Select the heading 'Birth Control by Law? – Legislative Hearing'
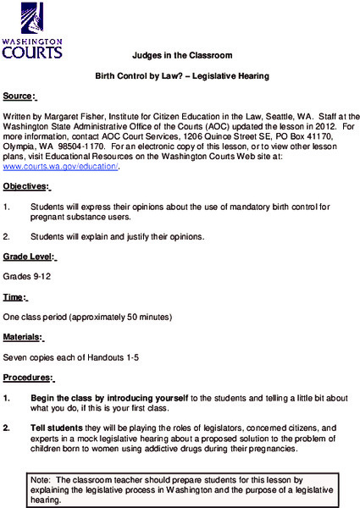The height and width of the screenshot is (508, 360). (181, 76)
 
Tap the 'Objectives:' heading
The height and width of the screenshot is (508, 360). (26, 186)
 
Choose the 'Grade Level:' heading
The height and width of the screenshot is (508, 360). (30, 257)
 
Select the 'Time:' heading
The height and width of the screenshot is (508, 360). (15, 297)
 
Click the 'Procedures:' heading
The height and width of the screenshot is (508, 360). (28, 378)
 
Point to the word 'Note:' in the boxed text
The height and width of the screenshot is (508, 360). (40, 480)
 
